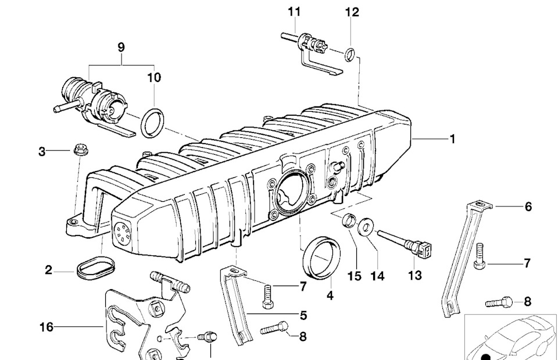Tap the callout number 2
pos(49,270)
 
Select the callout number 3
pos(42,152)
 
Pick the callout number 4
pos(330,295)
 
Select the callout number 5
pos(303,316)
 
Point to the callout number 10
pos(154,77)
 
